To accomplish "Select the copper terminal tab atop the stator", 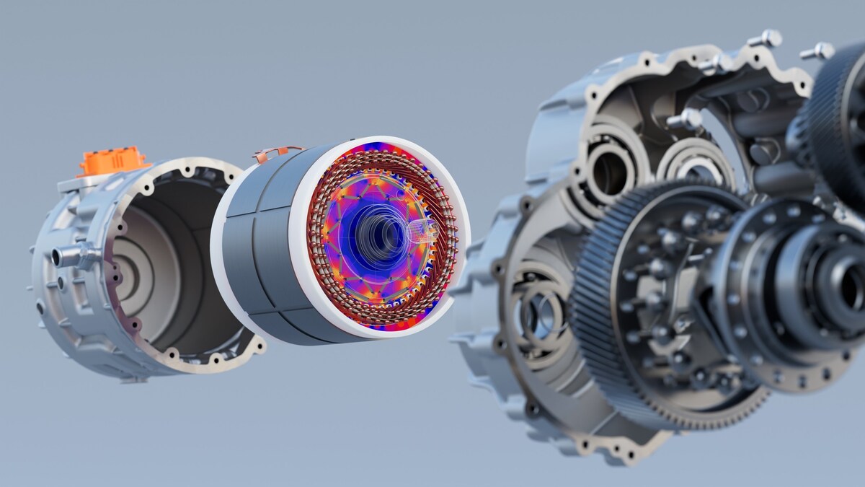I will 277,153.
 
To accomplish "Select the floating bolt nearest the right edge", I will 817,51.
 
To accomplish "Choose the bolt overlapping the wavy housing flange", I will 717,63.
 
